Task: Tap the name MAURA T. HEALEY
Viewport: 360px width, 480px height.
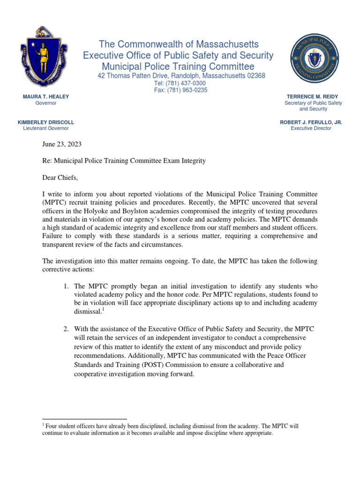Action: click(x=46, y=97)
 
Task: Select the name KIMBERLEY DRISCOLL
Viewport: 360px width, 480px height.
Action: click(x=46, y=122)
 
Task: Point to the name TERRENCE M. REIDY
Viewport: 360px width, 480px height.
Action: click(x=314, y=97)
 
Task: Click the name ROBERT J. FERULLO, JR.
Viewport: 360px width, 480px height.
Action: click(x=311, y=122)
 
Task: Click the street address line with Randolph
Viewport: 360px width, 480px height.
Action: click(x=181, y=76)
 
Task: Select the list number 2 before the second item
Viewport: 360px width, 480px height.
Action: click(x=67, y=329)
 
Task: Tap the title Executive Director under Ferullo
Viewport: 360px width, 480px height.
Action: click(x=311, y=128)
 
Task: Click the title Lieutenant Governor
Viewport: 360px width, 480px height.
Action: click(x=46, y=128)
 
